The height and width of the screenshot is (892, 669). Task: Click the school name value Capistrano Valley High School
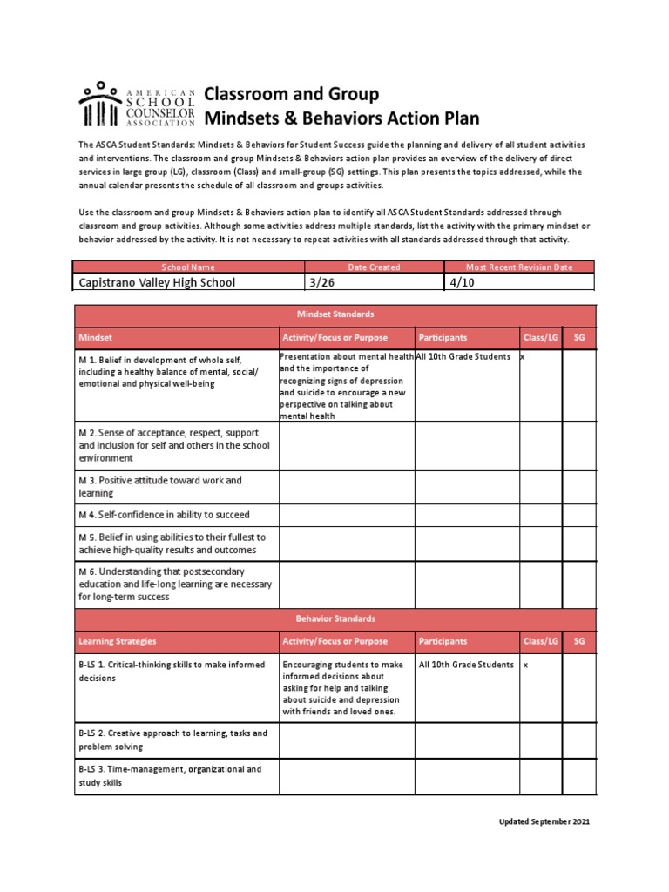click(157, 283)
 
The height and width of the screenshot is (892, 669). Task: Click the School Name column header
click(188, 267)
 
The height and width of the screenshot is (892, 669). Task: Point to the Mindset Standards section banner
click(334, 314)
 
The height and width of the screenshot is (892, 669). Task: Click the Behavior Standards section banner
click(334, 618)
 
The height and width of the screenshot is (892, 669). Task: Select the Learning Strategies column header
click(118, 641)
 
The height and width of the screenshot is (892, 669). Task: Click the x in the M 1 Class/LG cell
click(523, 358)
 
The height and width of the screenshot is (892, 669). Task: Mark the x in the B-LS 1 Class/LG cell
click(525, 665)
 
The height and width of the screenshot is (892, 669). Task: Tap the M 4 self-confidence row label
click(164, 515)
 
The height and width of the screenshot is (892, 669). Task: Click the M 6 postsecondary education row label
click(174, 584)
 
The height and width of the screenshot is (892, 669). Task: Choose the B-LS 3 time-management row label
click(170, 776)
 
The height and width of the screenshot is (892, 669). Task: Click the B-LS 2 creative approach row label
click(172, 740)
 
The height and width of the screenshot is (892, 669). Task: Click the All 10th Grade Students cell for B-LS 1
click(466, 665)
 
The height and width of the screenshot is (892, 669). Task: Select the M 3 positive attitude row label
click(160, 486)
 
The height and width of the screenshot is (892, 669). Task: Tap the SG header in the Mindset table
click(578, 337)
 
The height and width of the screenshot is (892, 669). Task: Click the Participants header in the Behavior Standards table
click(443, 641)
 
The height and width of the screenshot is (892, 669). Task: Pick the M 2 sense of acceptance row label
click(174, 445)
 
